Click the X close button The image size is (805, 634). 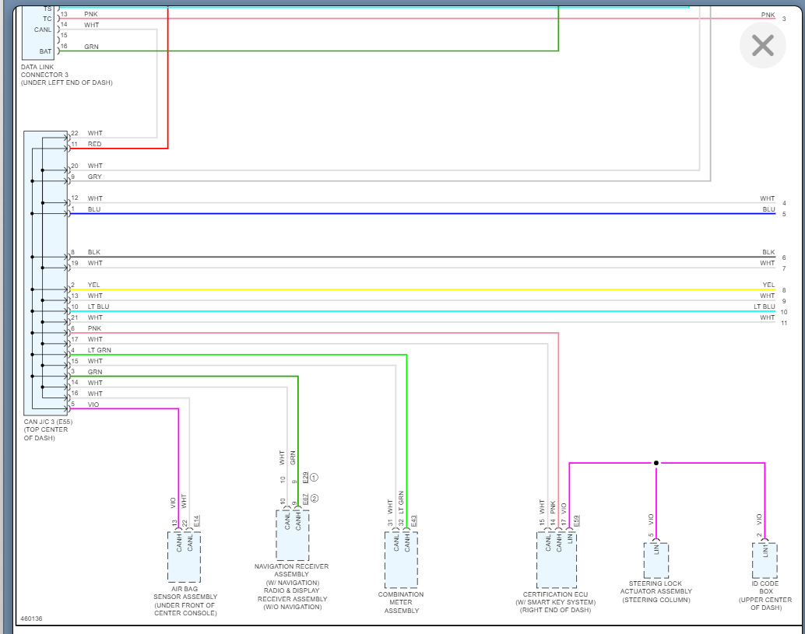coord(762,45)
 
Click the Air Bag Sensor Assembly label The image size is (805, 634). coord(185,601)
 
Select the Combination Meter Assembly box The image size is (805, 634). coord(401,559)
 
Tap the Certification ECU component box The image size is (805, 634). coord(556,559)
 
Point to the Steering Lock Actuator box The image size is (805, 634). coord(656,560)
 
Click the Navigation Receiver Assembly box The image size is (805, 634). coord(292,534)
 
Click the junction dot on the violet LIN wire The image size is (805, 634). coord(656,463)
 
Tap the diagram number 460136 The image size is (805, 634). coord(31,619)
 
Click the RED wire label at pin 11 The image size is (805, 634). coord(94,144)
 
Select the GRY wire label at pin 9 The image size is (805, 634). coord(94,177)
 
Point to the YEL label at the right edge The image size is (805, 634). coord(768,285)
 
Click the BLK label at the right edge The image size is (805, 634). coord(768,252)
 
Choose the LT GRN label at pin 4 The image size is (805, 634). coord(99,351)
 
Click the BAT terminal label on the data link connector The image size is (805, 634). coord(45,51)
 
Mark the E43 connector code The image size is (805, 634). coord(414,520)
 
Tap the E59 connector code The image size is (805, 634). coord(577,520)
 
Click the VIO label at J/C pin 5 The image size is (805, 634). coord(93,405)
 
